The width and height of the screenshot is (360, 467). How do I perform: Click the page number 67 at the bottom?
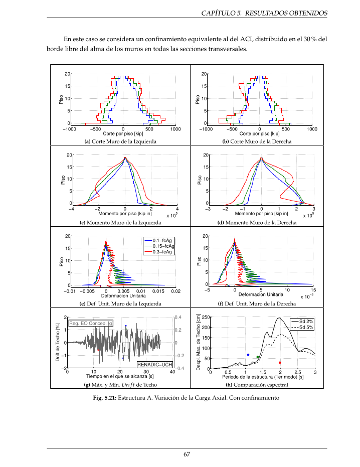[187, 454]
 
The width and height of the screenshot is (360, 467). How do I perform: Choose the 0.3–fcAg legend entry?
[163, 252]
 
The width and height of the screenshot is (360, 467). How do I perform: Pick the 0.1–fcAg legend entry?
[163, 241]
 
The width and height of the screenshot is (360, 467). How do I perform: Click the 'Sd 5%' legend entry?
[306, 327]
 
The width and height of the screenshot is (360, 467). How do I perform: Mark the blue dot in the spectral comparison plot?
[248, 355]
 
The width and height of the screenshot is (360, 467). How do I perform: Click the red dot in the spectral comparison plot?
[280, 362]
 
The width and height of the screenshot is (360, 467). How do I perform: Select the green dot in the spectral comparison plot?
[258, 357]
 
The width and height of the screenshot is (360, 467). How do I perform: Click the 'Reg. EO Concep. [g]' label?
[90, 323]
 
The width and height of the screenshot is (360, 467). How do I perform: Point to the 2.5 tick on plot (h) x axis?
[298, 372]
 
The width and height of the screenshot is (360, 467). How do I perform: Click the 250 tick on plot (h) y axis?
[206, 318]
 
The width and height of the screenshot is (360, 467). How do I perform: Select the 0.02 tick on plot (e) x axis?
[175, 291]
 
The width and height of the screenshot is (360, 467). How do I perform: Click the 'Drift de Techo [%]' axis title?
[58, 343]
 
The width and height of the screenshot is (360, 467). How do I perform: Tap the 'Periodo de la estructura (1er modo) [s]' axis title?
[263, 377]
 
